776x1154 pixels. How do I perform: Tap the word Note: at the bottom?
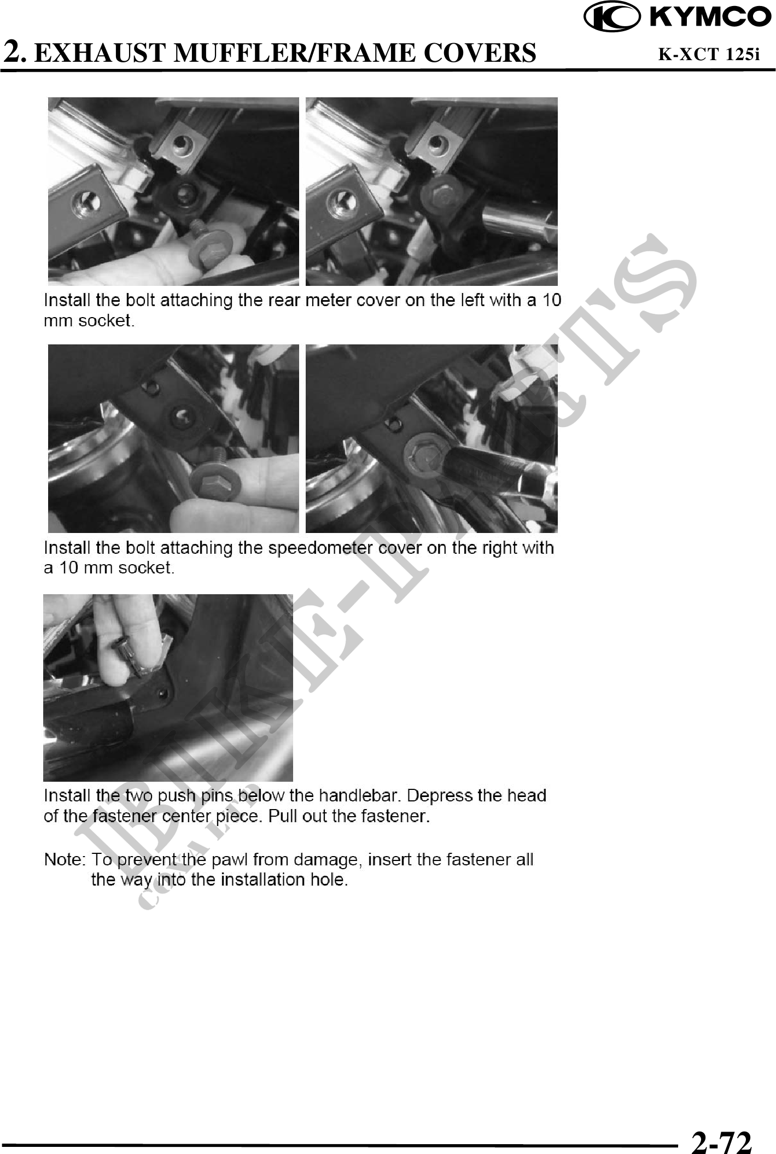click(64, 860)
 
